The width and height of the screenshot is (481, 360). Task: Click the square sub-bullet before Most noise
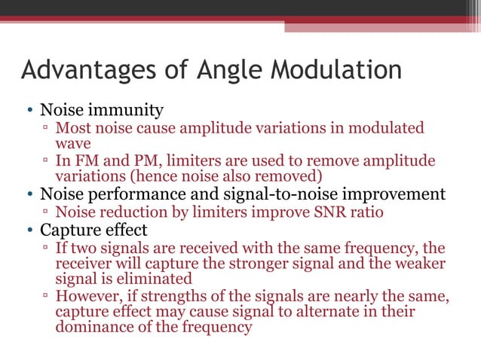coord(46,129)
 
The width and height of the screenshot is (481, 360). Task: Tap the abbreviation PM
coord(133,161)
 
